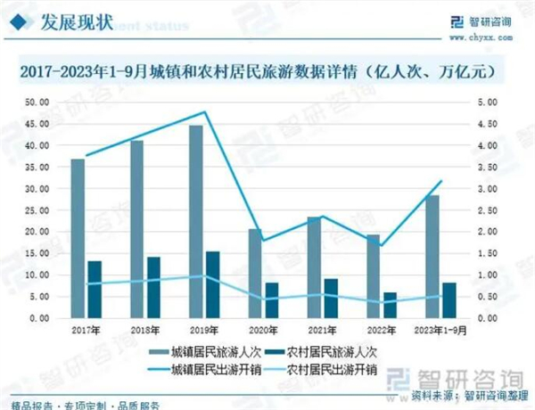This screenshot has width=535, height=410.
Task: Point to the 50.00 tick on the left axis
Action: pos(37,102)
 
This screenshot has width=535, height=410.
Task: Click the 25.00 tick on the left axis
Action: pos(37,210)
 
